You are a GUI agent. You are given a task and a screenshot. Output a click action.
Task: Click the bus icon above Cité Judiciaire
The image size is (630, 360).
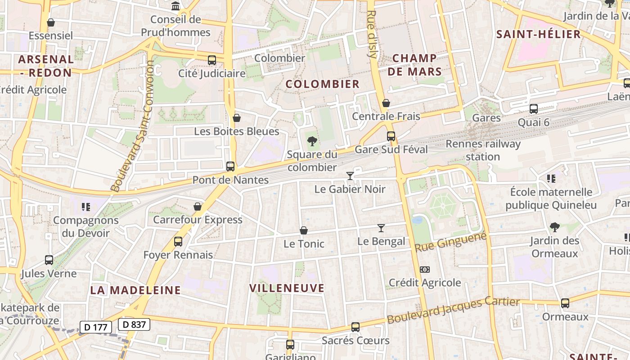(211, 60)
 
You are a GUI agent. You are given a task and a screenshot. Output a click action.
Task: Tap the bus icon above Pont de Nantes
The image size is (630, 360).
(230, 166)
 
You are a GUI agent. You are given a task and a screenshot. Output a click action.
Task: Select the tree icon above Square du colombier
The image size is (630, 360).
(312, 142)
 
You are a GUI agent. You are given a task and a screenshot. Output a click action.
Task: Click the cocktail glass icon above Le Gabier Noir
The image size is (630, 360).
(350, 175)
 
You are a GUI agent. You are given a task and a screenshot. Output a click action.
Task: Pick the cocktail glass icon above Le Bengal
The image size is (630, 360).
(381, 228)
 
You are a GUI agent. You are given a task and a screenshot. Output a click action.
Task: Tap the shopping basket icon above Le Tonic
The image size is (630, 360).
(304, 231)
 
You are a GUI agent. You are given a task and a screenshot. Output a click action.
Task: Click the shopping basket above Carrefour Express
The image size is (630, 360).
(197, 207)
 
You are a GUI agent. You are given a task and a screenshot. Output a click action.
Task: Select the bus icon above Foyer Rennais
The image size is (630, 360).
(178, 242)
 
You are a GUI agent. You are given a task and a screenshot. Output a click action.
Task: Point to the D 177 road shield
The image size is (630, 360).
(95, 327)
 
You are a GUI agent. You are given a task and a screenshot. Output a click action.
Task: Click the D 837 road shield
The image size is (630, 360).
(134, 324)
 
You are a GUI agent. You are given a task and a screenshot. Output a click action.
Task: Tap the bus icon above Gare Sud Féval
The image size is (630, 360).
(391, 136)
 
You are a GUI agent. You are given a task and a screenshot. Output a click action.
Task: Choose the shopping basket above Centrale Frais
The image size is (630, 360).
(386, 103)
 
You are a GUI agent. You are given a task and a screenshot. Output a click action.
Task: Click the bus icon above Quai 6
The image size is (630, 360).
(534, 108)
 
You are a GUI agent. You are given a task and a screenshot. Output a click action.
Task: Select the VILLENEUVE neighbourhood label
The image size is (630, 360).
(287, 288)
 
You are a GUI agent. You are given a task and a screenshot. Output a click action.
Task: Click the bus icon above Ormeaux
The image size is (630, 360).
(565, 303)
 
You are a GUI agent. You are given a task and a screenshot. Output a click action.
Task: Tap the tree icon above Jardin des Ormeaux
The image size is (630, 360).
(554, 227)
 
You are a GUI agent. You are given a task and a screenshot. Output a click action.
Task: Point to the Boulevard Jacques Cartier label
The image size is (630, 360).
(454, 310)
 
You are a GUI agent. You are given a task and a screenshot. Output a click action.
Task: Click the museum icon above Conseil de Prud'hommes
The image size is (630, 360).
(175, 6)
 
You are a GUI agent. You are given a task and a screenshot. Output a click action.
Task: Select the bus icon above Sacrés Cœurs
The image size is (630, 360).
(355, 327)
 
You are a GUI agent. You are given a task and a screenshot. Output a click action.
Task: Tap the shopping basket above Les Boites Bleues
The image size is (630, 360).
(237, 118)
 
